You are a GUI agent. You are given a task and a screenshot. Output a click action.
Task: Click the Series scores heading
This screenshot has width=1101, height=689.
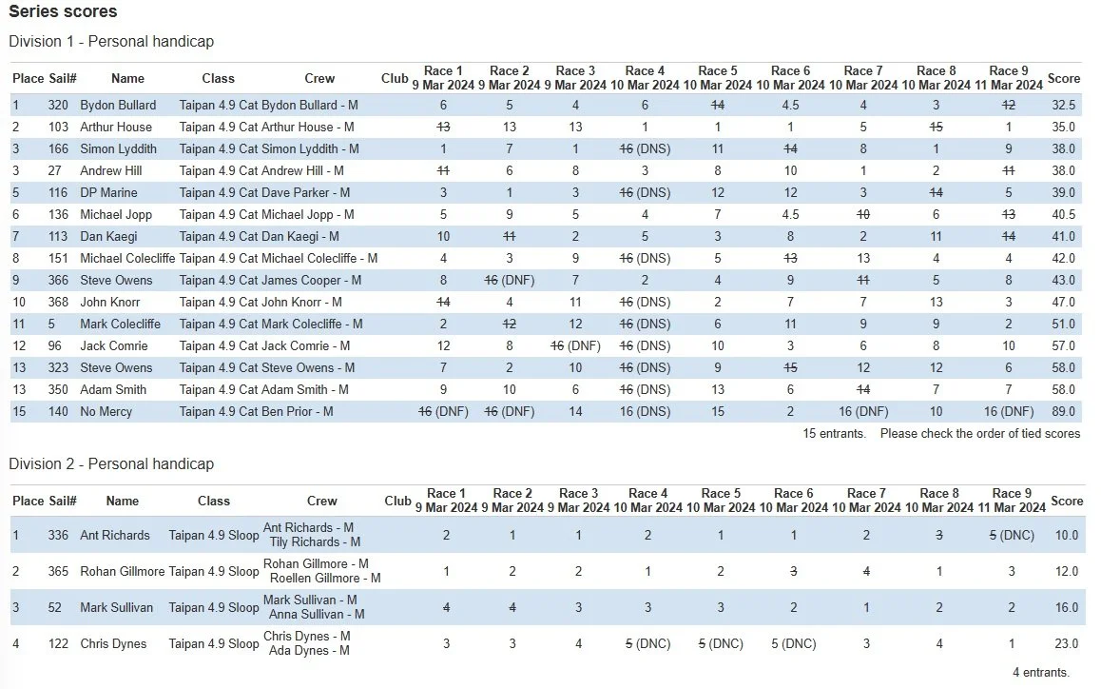click(x=63, y=12)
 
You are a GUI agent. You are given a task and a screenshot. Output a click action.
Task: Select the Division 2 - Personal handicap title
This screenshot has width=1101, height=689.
click(x=111, y=463)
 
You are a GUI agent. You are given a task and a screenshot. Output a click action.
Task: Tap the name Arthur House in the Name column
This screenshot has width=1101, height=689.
click(x=116, y=127)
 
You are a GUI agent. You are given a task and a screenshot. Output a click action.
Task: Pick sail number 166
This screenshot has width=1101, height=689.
click(x=59, y=148)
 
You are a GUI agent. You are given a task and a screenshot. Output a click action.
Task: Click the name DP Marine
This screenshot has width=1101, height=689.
click(x=108, y=192)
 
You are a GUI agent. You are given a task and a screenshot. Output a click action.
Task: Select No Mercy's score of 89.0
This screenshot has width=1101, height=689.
click(x=1064, y=411)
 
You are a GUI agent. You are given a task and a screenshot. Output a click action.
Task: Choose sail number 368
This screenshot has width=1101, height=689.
click(x=59, y=302)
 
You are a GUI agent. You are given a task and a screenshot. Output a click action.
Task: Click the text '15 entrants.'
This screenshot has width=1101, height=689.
click(x=834, y=433)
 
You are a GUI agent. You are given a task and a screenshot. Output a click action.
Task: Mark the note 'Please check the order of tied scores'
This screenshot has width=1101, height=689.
click(x=979, y=433)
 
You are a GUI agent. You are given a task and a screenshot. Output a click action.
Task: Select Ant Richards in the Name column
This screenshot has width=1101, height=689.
click(x=115, y=535)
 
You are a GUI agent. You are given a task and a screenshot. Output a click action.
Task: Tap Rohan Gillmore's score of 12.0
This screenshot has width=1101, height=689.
click(x=1066, y=571)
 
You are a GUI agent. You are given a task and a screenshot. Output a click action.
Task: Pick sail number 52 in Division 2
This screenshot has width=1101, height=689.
click(x=59, y=607)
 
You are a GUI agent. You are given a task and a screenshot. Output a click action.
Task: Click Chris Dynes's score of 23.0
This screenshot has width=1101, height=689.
click(x=1066, y=643)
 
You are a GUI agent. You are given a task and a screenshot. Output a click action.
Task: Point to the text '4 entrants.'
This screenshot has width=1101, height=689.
click(x=1040, y=672)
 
